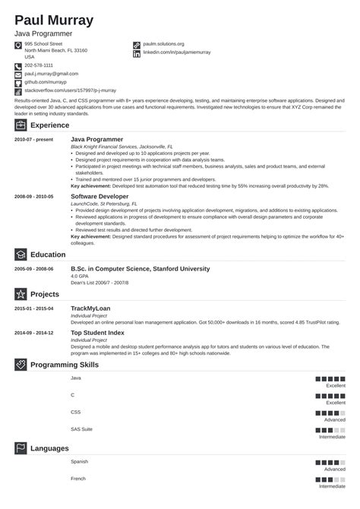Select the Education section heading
click(49, 254)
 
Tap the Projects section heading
click(46, 293)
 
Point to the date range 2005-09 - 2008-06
click(34, 270)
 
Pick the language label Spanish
click(79, 462)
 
